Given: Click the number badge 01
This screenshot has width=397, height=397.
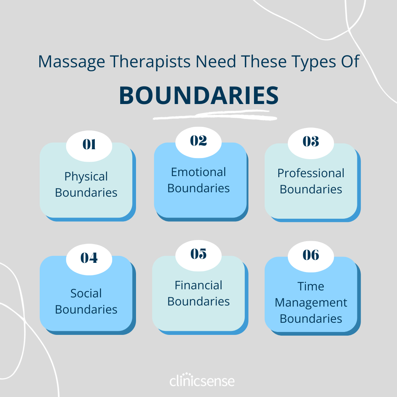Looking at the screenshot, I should click(89, 145).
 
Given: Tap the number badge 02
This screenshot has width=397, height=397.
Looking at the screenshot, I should click(198, 141).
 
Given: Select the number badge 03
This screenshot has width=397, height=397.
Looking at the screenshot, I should click(311, 142).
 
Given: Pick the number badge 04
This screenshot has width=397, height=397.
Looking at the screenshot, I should click(89, 258).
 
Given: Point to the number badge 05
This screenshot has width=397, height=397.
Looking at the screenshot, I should click(198, 254).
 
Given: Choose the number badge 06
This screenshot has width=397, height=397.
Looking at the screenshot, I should click(311, 255).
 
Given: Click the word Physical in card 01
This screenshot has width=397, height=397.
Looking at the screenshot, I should click(86, 177).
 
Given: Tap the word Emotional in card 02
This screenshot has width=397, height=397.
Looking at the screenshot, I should click(198, 172).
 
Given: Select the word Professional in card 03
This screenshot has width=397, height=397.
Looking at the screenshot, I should click(311, 173).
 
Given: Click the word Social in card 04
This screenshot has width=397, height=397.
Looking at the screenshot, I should click(86, 293).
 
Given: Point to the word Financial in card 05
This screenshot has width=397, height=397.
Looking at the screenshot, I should click(198, 285).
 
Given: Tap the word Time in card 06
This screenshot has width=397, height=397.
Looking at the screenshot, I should click(311, 286).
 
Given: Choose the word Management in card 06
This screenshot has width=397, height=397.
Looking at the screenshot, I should click(311, 303).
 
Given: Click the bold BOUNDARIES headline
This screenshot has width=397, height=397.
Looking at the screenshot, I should click(198, 96).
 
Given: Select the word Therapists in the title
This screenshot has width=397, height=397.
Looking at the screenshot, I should click(150, 62).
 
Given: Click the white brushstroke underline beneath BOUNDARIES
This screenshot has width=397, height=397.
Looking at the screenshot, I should click(215, 116).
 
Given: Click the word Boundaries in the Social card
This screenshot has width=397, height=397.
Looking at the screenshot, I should click(86, 310).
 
